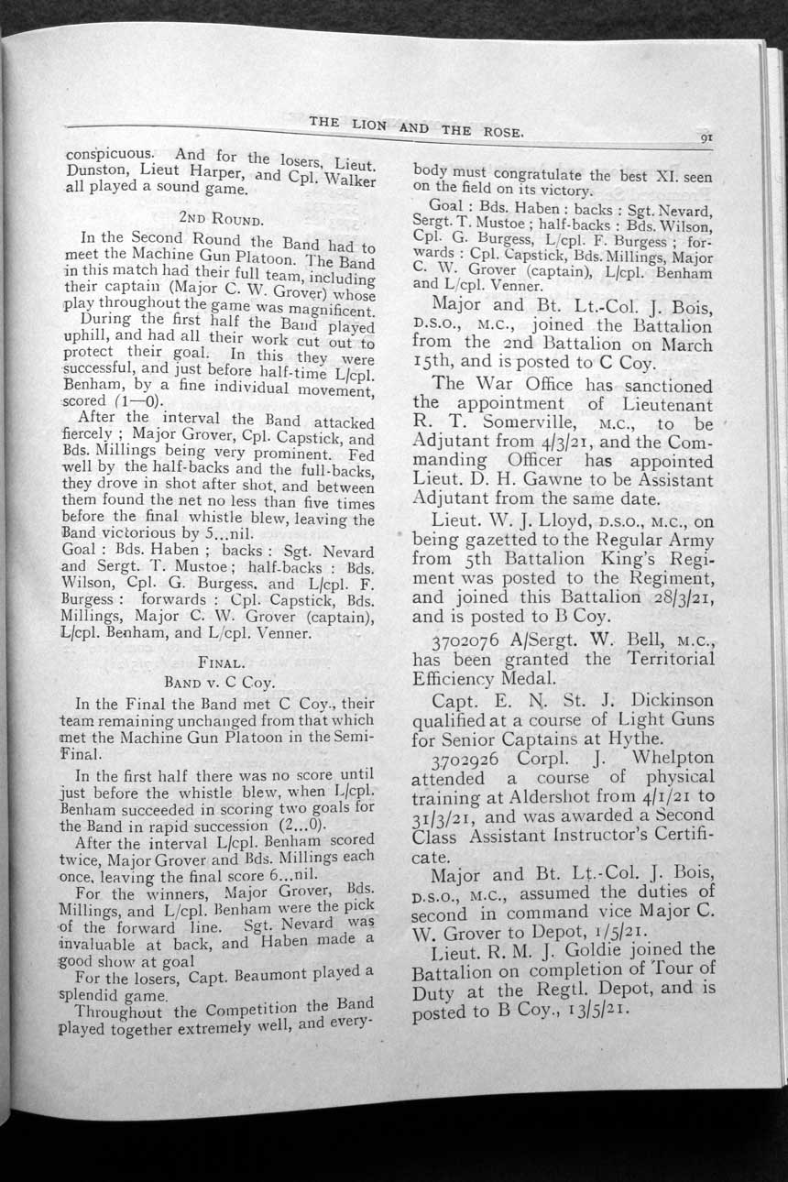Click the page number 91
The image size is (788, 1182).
click(706, 138)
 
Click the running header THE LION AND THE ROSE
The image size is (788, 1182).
click(416, 126)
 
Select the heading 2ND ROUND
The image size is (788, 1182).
click(223, 219)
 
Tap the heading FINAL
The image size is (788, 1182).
click(221, 661)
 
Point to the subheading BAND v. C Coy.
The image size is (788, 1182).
click(220, 682)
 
